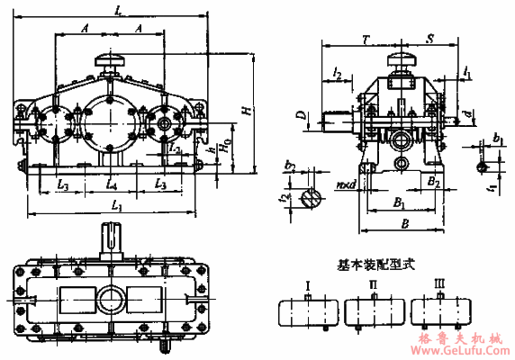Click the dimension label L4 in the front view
(111, 184)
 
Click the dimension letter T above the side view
(363, 40)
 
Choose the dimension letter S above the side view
(431, 40)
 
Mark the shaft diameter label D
(302, 116)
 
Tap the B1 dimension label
(397, 203)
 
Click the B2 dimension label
(433, 182)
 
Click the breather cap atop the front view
(109, 60)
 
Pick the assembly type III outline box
(439, 312)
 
